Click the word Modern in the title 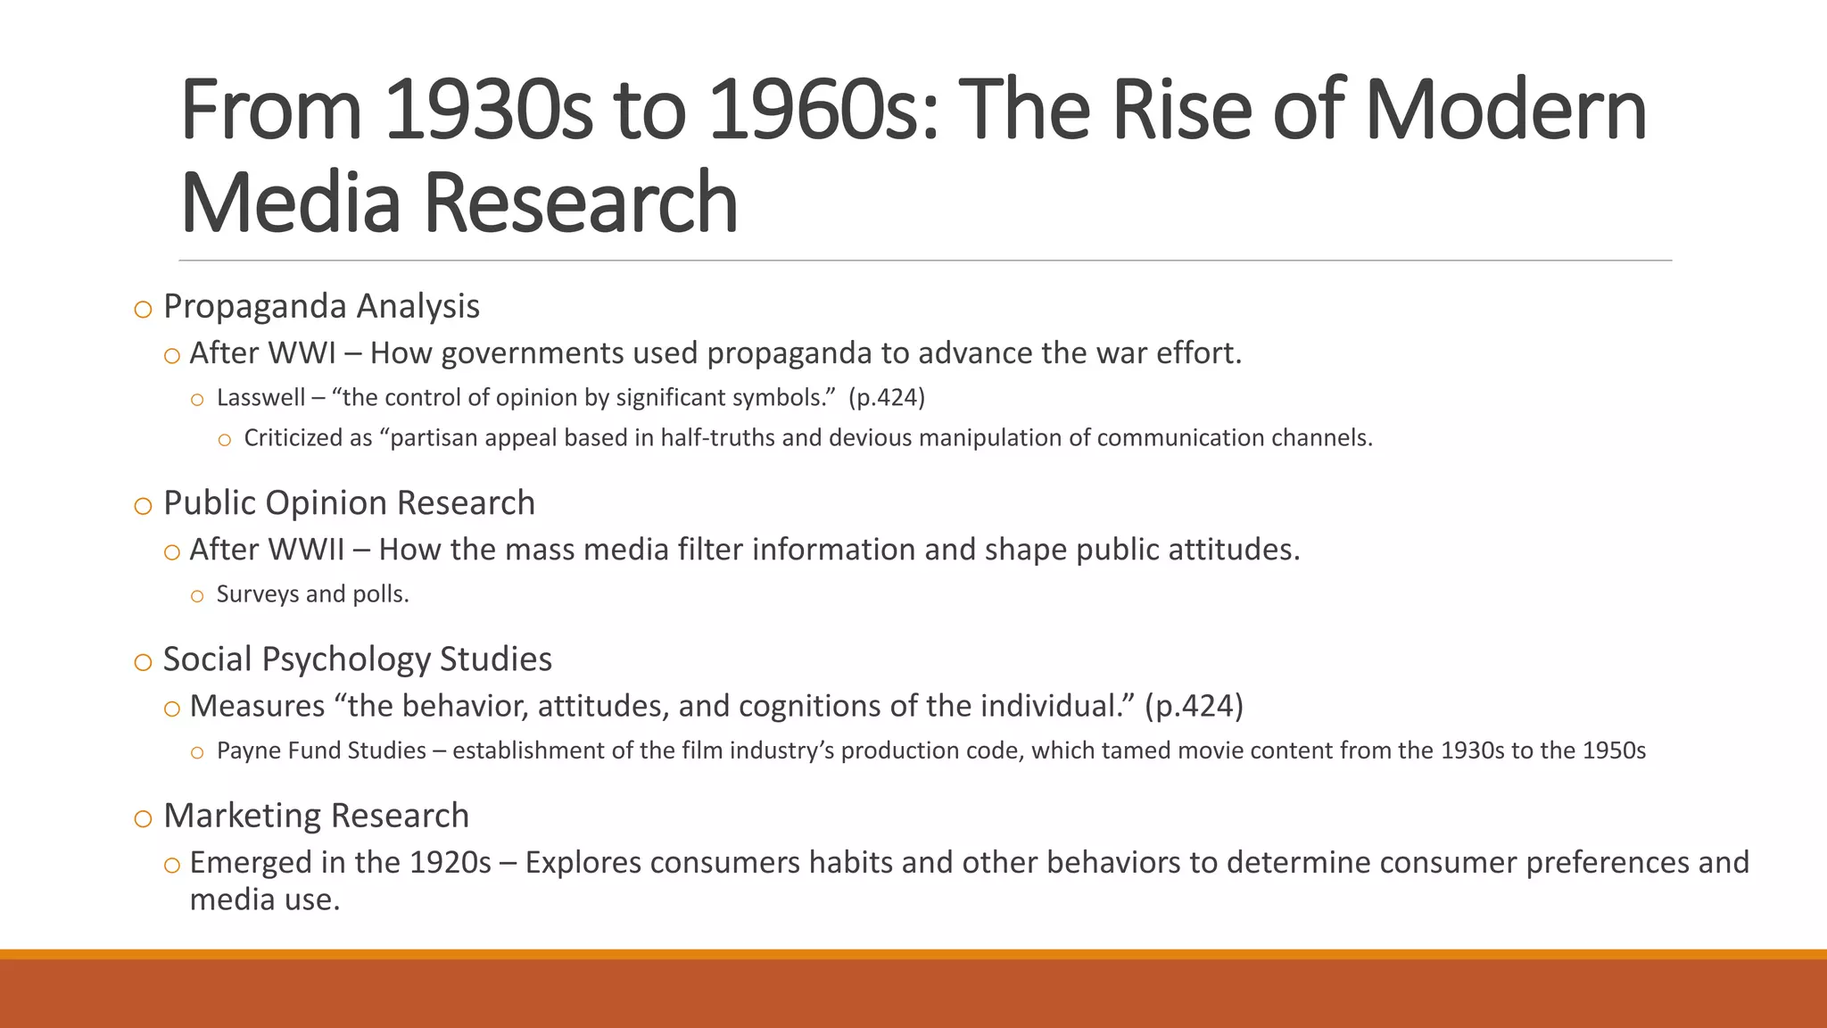(x=1505, y=111)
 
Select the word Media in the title (x=291, y=203)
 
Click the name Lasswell (x=260, y=398)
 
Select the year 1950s (x=1614, y=750)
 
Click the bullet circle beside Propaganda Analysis (x=143, y=310)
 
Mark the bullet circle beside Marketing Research (x=143, y=819)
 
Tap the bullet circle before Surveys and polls (x=197, y=597)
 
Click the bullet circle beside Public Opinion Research (x=143, y=506)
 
